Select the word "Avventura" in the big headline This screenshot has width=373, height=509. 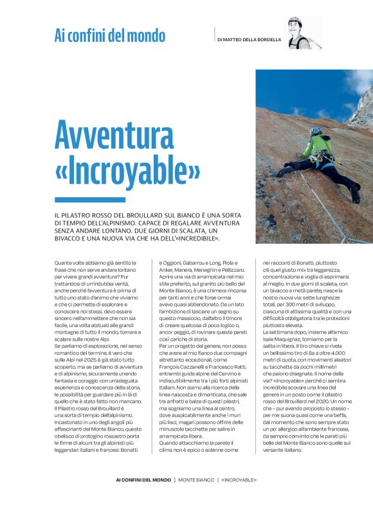click(115, 136)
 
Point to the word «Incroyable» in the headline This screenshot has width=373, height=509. click(128, 168)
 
